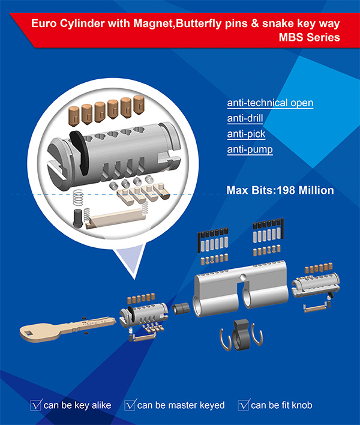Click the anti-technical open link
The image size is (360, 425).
coord(270,103)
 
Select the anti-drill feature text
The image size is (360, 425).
coord(245,118)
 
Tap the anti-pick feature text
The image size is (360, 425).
coord(246,134)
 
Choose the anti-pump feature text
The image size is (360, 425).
coord(250,149)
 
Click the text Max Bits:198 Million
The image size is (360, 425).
coord(280,190)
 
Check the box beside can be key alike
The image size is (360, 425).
coord(36,405)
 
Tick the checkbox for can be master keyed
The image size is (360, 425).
coord(130,405)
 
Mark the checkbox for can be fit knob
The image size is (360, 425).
coord(244,405)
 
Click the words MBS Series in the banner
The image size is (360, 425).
coord(310,37)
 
